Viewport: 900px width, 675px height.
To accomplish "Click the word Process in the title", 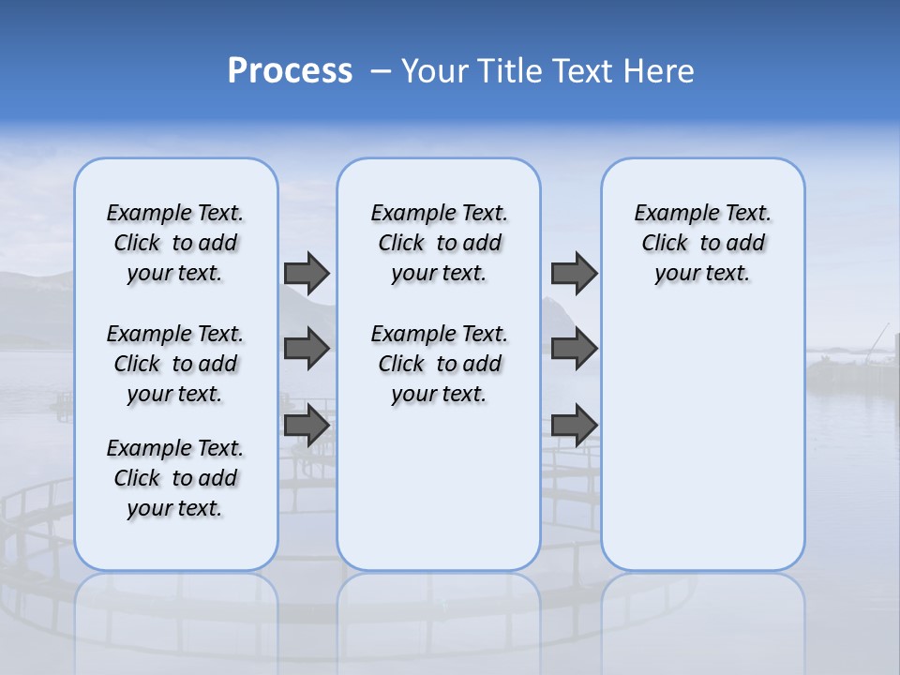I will click(x=290, y=70).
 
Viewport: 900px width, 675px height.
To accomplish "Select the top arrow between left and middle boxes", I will click(x=307, y=273).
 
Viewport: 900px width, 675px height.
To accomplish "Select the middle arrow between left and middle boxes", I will click(x=307, y=349).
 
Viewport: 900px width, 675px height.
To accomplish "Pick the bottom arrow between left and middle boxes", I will click(x=307, y=425).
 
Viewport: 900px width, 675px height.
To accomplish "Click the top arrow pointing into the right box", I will click(x=574, y=273).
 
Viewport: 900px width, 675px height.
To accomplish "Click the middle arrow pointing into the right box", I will click(x=574, y=349).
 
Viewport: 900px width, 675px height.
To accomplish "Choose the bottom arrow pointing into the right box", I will click(x=574, y=425).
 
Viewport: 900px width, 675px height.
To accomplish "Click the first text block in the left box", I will click(x=175, y=243).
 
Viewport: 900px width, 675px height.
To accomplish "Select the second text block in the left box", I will click(x=175, y=364).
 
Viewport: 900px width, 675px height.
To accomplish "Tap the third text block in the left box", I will click(x=175, y=478).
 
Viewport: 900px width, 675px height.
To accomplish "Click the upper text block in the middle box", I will click(x=439, y=243).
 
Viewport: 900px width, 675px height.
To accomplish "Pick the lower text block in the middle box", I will click(x=439, y=364).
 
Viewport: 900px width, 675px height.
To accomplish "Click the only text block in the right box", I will click(x=702, y=243).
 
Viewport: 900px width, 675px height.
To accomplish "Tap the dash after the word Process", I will click(x=381, y=71).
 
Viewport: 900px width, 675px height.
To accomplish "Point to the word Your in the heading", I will click(x=435, y=70).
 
